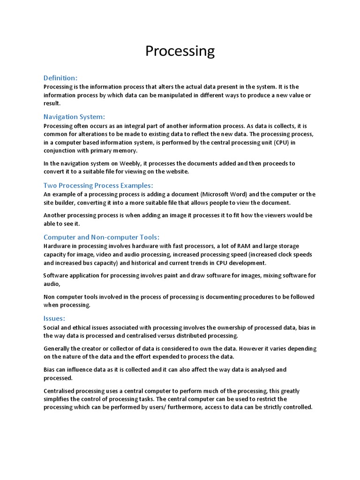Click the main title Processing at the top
pyautogui.click(x=180, y=51)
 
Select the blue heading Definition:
pyautogui.click(x=60, y=78)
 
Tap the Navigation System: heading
pyautogui.click(x=74, y=117)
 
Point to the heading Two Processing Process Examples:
pyautogui.click(x=98, y=185)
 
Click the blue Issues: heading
pyautogui.click(x=54, y=319)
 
